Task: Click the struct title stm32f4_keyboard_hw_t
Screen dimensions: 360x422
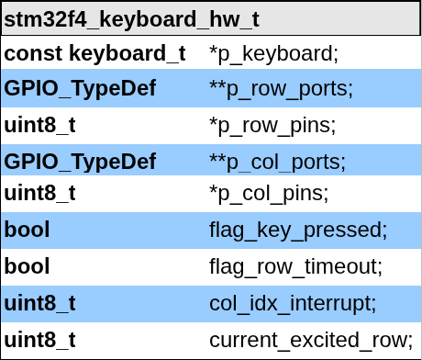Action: coord(131,19)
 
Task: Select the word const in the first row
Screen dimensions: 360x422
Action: coord(33,53)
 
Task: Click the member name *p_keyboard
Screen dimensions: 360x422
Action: coord(273,54)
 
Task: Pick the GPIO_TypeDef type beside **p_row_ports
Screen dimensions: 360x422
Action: coord(80,89)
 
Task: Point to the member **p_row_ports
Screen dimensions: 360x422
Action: coord(281,89)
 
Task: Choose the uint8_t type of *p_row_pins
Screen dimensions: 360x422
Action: coord(39,124)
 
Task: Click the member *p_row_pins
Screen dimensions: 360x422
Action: coord(272,125)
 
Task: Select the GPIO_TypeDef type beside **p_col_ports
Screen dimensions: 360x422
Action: coord(80,162)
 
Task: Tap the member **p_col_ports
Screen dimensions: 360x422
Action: coord(277,162)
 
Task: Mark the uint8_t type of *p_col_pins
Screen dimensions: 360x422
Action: coord(39,194)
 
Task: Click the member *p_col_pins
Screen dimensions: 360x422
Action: coord(269,195)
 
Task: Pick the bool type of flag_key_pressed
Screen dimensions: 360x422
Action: coord(27,230)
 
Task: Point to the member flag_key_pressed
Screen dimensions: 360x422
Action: coord(298,230)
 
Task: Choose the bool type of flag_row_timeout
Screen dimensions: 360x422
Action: coord(27,266)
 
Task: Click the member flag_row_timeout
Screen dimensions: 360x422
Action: coord(295,267)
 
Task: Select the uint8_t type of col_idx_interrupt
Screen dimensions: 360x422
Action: coord(39,303)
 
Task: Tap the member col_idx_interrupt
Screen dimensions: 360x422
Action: coord(293,303)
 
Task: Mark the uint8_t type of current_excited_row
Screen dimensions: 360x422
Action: coord(39,340)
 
